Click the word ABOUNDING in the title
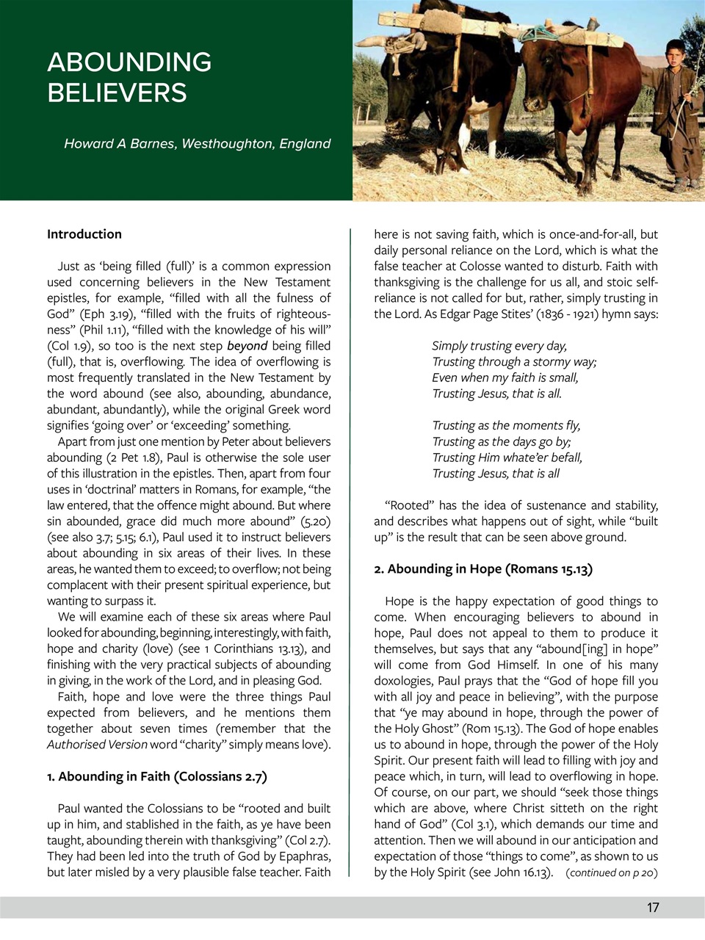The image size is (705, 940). [129, 62]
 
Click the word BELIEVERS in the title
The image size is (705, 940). [117, 93]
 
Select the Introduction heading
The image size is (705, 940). [84, 234]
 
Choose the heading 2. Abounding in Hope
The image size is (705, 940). [482, 569]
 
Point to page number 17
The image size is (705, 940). [652, 908]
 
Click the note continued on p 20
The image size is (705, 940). [611, 872]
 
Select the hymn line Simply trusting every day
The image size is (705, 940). [499, 346]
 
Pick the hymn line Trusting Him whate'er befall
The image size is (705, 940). [507, 458]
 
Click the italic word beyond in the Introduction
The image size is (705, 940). [247, 346]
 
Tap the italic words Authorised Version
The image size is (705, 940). [97, 745]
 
